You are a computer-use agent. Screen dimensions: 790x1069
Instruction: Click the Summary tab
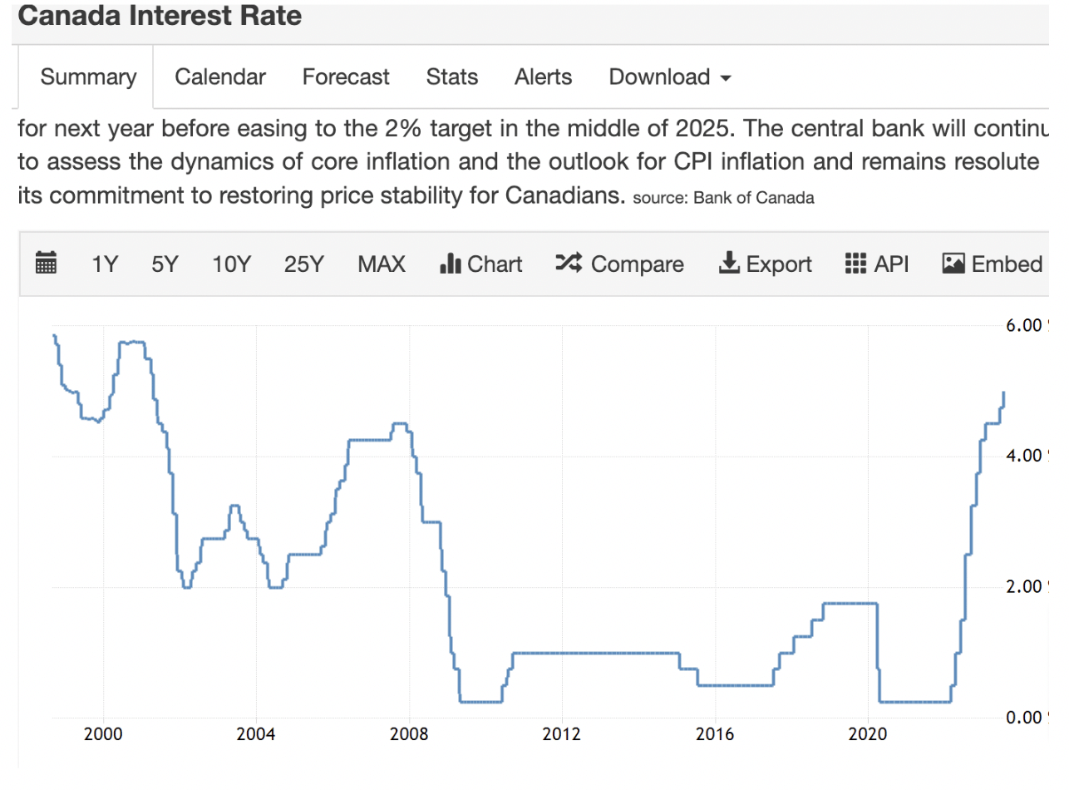(88, 77)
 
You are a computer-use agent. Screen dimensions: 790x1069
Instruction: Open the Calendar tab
(220, 77)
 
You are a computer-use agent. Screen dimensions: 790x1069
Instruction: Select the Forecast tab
(346, 77)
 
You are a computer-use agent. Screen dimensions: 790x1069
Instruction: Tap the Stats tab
(452, 77)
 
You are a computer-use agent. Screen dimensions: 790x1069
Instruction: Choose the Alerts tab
(544, 77)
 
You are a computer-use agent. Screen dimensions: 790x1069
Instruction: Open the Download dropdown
(670, 77)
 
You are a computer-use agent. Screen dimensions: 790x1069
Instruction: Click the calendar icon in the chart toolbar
(47, 264)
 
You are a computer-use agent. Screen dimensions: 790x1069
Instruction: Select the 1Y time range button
(105, 264)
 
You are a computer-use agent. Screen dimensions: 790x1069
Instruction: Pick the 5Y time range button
(165, 264)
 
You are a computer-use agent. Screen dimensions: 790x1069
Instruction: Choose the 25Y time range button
(303, 264)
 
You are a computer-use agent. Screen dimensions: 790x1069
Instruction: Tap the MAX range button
(382, 264)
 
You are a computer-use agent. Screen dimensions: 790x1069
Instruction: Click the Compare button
(620, 264)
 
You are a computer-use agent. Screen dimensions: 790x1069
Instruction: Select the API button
(877, 264)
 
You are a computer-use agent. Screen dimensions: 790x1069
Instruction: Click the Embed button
(993, 264)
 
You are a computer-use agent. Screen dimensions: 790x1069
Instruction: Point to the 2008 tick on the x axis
(410, 735)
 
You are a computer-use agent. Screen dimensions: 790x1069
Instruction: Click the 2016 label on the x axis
(715, 735)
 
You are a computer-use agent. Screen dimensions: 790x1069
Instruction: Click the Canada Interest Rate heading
(160, 16)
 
